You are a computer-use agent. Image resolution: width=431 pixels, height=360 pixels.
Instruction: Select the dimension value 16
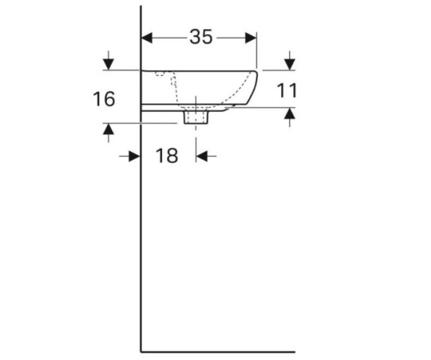(104, 100)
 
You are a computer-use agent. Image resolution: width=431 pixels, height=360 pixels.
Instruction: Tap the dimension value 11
(287, 90)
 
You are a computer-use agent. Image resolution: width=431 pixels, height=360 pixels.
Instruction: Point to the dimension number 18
(167, 156)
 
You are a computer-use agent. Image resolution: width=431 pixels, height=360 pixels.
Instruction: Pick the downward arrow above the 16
(108, 62)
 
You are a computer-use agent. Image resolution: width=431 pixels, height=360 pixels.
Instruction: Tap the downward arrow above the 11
(290, 62)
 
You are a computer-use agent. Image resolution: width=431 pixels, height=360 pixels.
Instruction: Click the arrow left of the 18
(133, 156)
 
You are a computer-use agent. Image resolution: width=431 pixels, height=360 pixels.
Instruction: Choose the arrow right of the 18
(203, 156)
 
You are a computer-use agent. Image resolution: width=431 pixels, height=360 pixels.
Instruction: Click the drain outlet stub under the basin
(196, 117)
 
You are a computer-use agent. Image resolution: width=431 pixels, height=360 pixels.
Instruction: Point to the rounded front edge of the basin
(254, 87)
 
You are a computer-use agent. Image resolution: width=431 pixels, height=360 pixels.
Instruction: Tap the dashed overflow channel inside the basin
(175, 87)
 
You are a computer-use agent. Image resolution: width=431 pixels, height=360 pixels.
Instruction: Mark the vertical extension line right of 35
(257, 52)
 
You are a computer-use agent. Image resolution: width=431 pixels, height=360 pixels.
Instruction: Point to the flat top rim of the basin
(202, 70)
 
